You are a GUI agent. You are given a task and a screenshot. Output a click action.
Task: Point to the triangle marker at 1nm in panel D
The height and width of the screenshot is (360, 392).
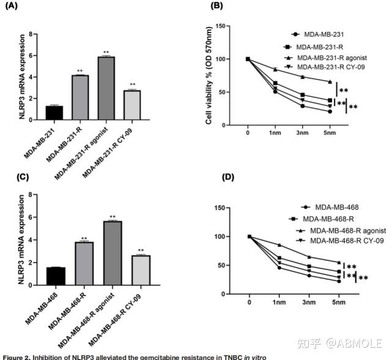pyautogui.click(x=279, y=245)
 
